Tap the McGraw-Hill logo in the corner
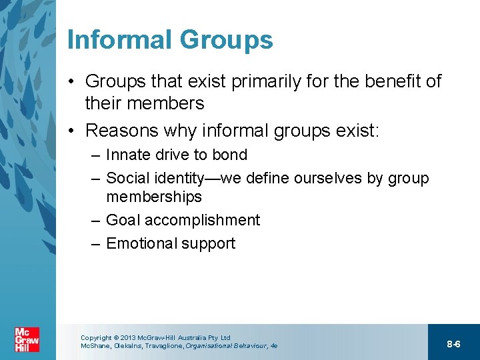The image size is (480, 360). [x=27, y=339]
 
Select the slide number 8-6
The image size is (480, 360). [x=453, y=344]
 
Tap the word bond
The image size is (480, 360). [x=229, y=155]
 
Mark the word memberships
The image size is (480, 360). [x=154, y=197]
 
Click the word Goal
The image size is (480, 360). [x=123, y=220]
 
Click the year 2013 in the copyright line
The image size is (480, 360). [x=127, y=338]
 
